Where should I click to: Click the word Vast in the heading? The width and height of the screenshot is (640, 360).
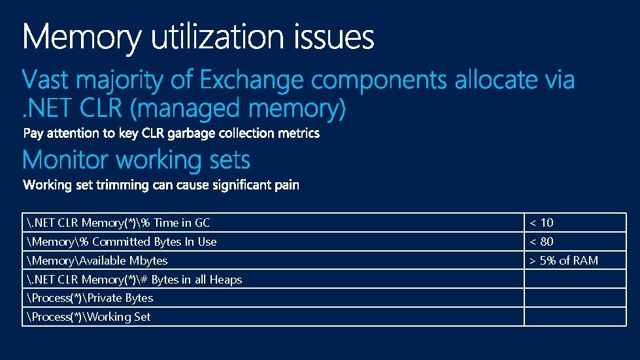click(x=46, y=81)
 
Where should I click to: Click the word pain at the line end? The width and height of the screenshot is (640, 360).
click(x=286, y=186)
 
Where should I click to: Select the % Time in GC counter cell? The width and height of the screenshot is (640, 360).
click(x=118, y=223)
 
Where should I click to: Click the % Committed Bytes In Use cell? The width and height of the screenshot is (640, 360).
click(x=122, y=242)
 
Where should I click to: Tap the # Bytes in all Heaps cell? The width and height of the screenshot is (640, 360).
click(x=134, y=280)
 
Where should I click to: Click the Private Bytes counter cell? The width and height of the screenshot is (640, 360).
click(x=90, y=298)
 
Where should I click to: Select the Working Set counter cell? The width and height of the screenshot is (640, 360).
click(x=89, y=317)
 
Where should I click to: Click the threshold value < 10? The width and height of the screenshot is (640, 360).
click(x=541, y=223)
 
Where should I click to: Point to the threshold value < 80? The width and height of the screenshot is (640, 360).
click(x=541, y=242)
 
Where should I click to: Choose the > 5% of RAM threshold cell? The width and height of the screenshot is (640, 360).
click(x=564, y=261)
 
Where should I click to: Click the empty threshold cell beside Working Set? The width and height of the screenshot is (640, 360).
click(x=575, y=317)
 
